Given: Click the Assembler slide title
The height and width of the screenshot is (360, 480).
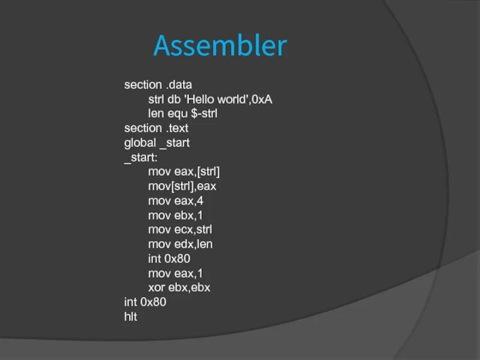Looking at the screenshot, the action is coord(220,46).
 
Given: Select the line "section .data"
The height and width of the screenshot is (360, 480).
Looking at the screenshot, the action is coord(158,85).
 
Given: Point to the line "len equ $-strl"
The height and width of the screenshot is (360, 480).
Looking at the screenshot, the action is coord(182,113).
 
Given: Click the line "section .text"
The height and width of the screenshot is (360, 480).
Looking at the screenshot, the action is coord(156,128).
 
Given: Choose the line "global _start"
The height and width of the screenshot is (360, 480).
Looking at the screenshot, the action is coord(157,143).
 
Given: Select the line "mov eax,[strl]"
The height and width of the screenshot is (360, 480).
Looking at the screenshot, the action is coord(184,172).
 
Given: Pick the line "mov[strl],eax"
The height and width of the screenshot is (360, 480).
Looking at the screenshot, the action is coord(182,186).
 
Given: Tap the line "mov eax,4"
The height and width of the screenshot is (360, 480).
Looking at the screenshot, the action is coord(176,200).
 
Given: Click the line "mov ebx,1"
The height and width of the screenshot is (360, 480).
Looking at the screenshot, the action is coord(176,215).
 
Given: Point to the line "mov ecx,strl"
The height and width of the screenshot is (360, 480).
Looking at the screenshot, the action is coord(181,229).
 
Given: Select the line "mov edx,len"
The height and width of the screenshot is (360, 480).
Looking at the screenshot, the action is coord(181,244).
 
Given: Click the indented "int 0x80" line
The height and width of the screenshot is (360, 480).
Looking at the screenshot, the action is coord(169,259).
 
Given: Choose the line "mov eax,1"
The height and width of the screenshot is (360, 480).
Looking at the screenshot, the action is coord(176,273).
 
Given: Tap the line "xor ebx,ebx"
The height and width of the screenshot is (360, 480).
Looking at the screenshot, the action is coord(179,287).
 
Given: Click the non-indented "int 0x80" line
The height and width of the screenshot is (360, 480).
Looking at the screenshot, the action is coord(145,302).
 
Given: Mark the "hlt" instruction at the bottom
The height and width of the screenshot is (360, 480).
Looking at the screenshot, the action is coord(131,316).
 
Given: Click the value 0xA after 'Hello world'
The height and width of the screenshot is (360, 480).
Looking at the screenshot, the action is coord(262,99).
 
